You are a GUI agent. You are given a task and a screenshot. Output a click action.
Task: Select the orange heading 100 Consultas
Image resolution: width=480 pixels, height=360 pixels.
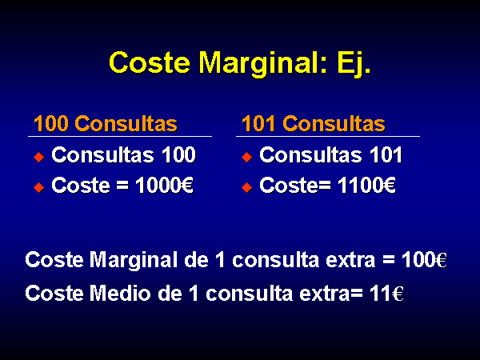coord(106,124)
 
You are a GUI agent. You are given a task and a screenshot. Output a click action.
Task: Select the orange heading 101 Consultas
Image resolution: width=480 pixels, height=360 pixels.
coord(313,124)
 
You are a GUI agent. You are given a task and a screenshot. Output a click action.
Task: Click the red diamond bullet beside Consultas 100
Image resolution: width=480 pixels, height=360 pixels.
coord(39,157)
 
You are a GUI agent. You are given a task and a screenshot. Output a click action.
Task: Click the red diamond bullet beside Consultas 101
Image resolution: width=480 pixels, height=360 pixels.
coord(246,157)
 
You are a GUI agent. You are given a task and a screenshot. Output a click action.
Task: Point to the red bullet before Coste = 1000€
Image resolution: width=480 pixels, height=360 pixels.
coord(39,187)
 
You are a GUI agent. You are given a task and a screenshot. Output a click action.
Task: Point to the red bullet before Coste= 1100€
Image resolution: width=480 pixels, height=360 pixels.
coord(246,187)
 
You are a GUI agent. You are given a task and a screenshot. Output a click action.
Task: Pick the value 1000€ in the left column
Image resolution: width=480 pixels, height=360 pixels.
coord(164,186)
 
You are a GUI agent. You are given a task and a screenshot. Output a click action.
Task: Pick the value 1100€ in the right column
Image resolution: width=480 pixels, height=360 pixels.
coord(366,186)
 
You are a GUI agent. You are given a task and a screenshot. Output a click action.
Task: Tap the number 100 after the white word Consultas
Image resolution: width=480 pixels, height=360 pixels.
coord(178,154)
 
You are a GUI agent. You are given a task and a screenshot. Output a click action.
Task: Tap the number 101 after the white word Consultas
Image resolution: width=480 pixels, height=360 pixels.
coord(386,154)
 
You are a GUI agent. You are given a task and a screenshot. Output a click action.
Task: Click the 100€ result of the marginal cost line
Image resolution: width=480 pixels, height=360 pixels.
coord(424,260)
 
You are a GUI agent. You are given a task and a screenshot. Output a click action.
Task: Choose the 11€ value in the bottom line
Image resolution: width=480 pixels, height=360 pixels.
coord(386,294)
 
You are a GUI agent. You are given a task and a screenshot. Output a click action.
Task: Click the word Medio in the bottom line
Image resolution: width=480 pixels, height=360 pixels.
coord(120,294)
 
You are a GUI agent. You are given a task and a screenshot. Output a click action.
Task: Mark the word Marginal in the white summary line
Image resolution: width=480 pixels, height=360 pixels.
coord(134,261)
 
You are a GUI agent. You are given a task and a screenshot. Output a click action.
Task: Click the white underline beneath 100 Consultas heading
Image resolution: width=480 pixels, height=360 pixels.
coord(120,136)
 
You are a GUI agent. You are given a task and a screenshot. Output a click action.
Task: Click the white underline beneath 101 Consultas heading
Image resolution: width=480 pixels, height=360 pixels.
coord(328,136)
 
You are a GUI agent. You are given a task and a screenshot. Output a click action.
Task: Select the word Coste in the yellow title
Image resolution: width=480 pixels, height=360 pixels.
coord(150,63)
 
